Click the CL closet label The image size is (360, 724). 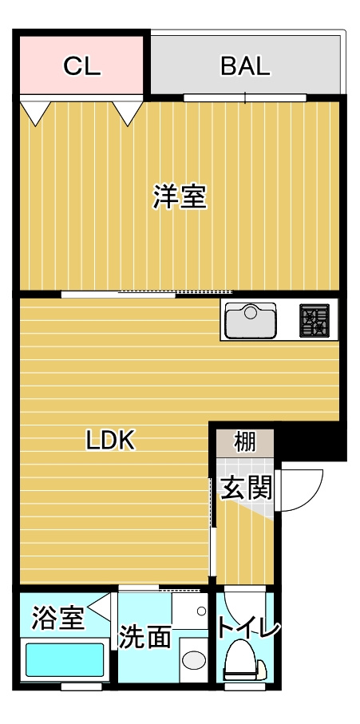[x=82, y=66]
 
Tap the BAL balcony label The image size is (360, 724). [x=245, y=66]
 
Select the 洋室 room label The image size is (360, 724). [x=180, y=196]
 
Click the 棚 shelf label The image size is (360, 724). [x=244, y=441]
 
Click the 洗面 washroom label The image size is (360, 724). [x=145, y=637]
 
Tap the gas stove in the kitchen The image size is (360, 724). [x=315, y=321]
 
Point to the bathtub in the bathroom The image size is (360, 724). [x=65, y=660]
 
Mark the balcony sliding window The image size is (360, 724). [x=245, y=98]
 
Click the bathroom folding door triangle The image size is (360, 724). [x=101, y=608]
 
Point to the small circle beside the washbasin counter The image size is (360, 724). [x=201, y=611]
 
